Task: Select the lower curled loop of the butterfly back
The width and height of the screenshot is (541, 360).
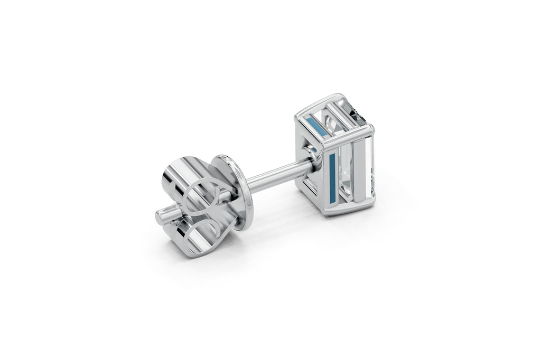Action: (x=209, y=228)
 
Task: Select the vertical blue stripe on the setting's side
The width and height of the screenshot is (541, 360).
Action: (x=332, y=177)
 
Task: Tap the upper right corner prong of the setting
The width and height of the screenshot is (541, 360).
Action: (x=370, y=129)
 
